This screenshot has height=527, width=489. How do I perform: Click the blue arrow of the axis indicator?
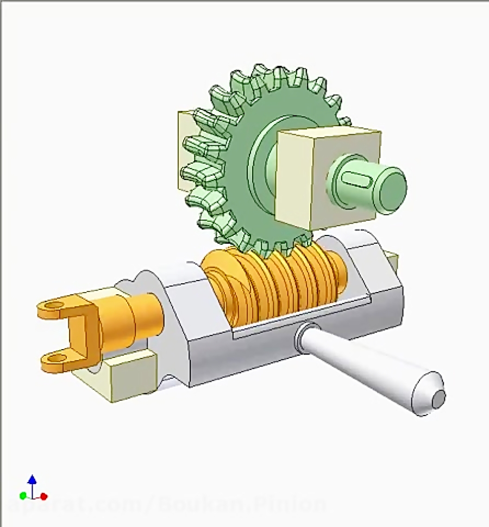pyautogui.click(x=32, y=480)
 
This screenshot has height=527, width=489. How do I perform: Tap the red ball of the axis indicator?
pyautogui.click(x=44, y=496)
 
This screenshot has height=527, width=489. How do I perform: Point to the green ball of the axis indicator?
pyautogui.click(x=23, y=496)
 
